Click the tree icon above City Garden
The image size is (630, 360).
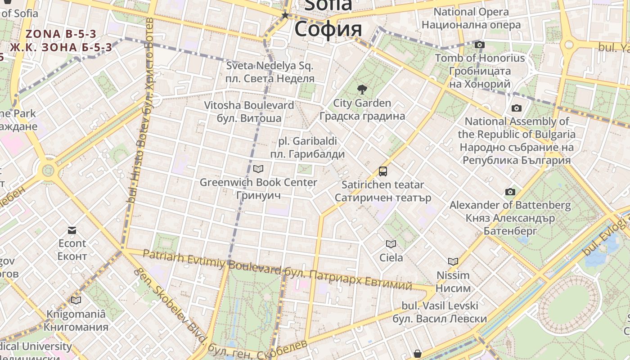pyautogui.click(x=361, y=90)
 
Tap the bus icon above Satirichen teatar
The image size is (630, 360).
pyautogui.click(x=383, y=171)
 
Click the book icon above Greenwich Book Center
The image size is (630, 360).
pyautogui.click(x=258, y=169)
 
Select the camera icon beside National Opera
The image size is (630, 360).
pyautogui.click(x=480, y=45)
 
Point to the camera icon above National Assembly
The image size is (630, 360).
pyautogui.click(x=516, y=108)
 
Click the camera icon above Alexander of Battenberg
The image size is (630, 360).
pyautogui.click(x=510, y=192)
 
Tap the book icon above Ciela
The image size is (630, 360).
pyautogui.click(x=391, y=244)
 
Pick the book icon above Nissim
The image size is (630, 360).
pyautogui.click(x=453, y=261)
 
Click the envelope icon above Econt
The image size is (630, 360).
pyautogui.click(x=72, y=231)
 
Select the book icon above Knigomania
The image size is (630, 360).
pyautogui.click(x=76, y=300)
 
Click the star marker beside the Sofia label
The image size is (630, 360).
pyautogui.click(x=285, y=16)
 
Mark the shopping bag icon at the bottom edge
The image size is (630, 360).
pyautogui.click(x=418, y=354)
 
